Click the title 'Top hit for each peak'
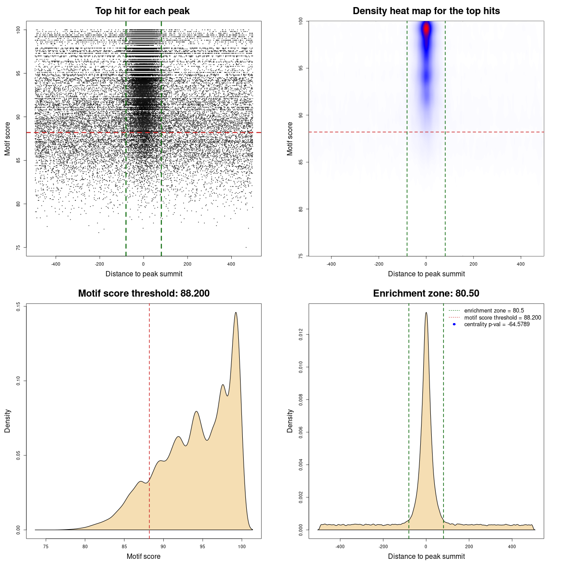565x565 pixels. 142,11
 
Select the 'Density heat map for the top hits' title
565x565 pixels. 426,11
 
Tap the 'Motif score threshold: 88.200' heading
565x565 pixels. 143,294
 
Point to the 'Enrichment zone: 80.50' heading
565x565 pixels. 426,294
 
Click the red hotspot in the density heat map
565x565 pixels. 426,29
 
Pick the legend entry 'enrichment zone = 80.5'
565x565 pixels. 494,311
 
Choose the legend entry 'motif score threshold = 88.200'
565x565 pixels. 502,318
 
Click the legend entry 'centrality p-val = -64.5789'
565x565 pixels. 497,324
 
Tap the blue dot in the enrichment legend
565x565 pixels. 454,324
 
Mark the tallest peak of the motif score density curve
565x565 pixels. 236,313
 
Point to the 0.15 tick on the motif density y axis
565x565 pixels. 18,306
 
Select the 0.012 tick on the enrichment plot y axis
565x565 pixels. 301,335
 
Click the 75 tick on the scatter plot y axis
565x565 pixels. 18,247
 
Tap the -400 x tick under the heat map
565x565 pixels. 331,264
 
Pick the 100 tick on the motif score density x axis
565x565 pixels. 241,546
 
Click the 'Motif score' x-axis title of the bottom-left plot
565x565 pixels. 143,556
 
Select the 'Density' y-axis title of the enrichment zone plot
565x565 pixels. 290,421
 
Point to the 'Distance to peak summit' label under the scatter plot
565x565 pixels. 144,274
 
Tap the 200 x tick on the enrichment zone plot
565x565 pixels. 469,546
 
